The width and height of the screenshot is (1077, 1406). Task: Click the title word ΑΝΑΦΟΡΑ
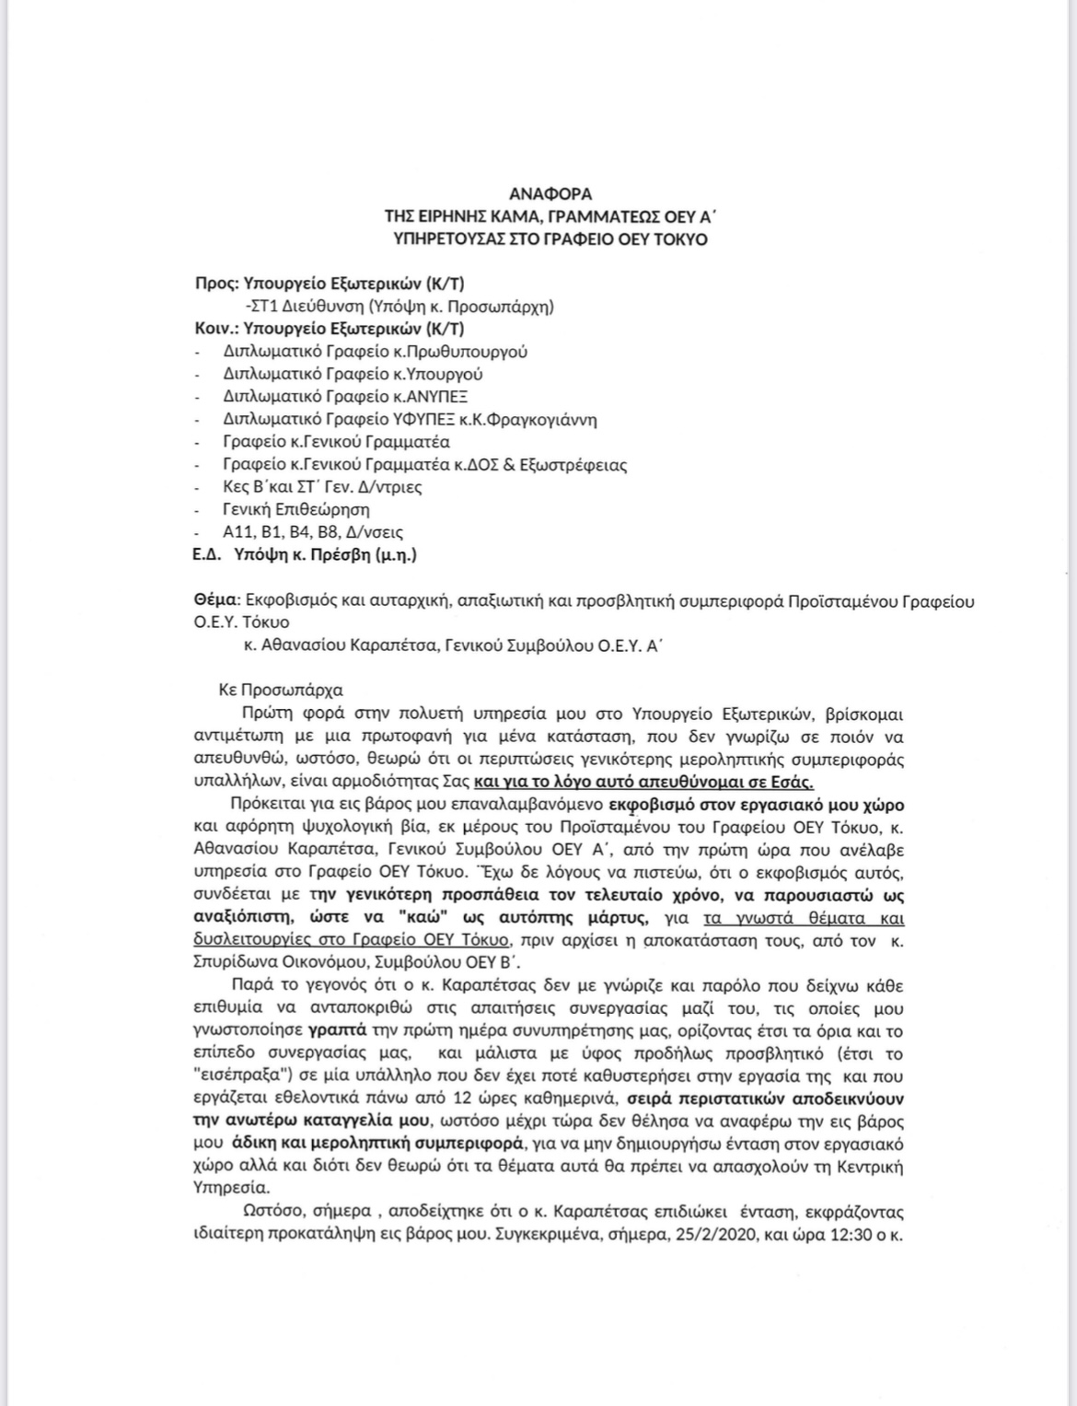(550, 194)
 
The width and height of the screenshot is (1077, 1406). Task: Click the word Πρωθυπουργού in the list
(474, 352)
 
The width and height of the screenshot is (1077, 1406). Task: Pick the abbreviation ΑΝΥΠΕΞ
(437, 397)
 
